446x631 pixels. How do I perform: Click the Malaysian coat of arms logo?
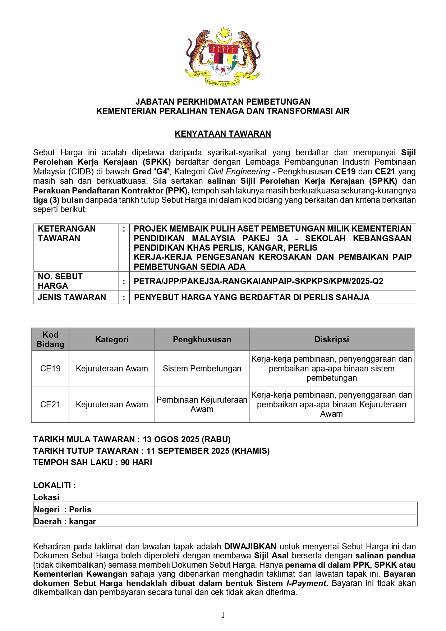coord(222,57)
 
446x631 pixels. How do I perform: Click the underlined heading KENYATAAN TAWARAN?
coord(223,134)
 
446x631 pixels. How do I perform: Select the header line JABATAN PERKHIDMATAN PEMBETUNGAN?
coord(223,102)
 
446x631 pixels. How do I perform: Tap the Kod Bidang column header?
coord(50,339)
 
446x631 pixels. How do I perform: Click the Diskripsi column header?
coord(331,339)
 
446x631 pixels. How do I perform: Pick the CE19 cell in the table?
coord(50,369)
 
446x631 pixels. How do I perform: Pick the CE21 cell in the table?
coord(50,404)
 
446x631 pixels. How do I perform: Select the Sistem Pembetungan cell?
coord(202,369)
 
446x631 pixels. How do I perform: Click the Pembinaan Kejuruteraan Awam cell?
coord(202,404)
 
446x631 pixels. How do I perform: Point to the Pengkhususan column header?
coord(202,339)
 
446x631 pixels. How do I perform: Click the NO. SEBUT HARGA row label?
coord(60,281)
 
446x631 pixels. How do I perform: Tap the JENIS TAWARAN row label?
coord(72,297)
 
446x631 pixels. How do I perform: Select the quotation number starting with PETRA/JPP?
coord(258,281)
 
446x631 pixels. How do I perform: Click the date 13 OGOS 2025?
coord(171,439)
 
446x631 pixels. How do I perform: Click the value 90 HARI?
coord(136,462)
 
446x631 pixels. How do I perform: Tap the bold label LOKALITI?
coord(54,485)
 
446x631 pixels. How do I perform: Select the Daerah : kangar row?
coord(65,521)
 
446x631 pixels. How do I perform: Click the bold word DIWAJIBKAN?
coord(250,547)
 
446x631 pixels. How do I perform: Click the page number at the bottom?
coord(223,615)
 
